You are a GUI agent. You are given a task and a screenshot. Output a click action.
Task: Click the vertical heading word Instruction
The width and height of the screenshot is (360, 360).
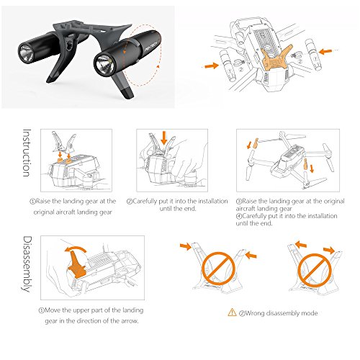27,153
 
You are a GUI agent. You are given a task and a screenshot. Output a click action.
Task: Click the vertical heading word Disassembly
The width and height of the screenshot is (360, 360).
27,264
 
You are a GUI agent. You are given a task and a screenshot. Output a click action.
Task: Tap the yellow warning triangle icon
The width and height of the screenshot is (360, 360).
232,312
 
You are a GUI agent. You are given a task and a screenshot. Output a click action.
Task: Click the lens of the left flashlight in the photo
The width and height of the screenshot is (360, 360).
26,53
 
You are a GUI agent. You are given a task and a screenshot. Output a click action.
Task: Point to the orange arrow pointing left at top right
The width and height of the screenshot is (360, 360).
325,51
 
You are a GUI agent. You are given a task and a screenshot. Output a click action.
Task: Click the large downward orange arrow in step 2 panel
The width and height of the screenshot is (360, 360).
164,138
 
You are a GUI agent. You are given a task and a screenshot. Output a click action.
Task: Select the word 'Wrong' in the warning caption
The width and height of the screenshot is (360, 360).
255,313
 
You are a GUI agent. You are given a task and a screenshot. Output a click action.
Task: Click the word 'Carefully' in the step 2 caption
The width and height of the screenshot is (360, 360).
145,201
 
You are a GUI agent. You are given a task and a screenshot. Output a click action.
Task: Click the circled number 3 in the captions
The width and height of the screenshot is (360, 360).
239,201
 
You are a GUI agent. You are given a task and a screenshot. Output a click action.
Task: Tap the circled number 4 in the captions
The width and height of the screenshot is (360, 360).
239,216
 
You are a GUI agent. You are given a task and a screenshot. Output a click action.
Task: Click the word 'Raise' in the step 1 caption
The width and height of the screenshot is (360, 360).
43,201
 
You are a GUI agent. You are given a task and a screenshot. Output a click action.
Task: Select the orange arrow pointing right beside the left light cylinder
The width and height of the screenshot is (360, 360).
212,66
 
